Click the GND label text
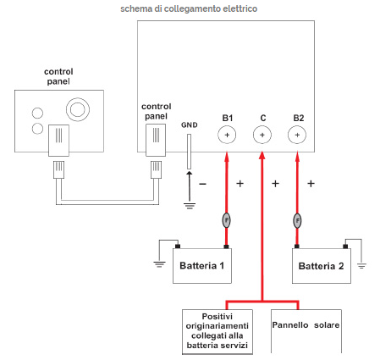click(190, 125)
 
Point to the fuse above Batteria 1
click(226, 220)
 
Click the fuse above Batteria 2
click(297, 220)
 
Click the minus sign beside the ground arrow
click(202, 184)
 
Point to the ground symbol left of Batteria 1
click(159, 264)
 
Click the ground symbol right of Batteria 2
click(361, 266)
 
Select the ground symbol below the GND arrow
click(190, 206)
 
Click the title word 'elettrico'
click(240, 8)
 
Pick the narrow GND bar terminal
click(189, 152)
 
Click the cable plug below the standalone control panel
click(58, 169)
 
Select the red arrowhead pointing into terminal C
click(262, 155)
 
